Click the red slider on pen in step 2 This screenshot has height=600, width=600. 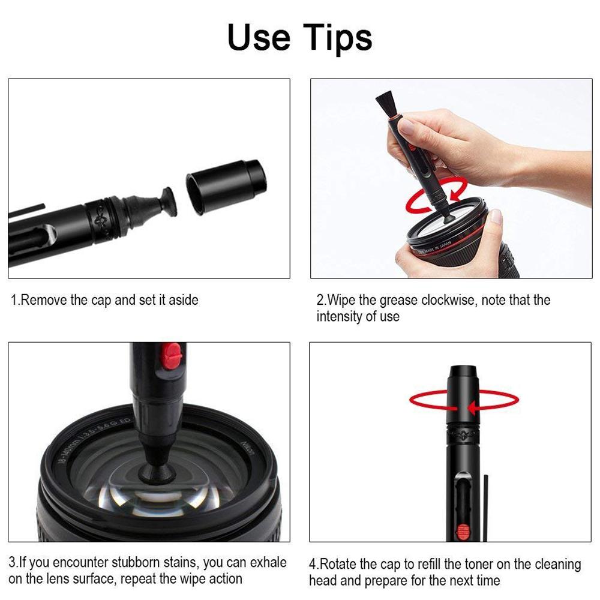[x=413, y=147]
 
